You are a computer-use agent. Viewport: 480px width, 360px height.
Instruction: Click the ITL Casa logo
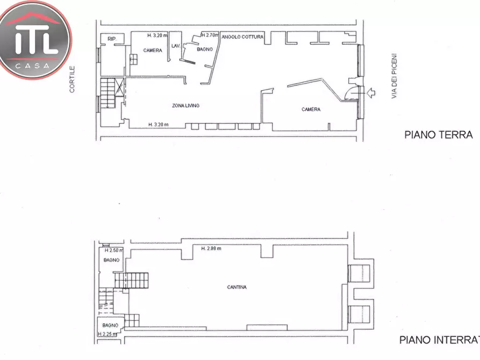click(35, 40)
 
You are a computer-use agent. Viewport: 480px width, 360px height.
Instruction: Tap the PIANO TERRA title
click(438, 135)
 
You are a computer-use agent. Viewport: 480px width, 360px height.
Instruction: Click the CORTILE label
click(72, 79)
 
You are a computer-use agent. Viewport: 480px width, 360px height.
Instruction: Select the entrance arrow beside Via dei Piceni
click(370, 93)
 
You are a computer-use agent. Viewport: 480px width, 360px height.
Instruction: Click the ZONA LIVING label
click(185, 106)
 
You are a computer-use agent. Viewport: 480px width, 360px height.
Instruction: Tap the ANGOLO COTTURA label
click(242, 37)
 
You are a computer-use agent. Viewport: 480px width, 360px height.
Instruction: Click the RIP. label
click(112, 39)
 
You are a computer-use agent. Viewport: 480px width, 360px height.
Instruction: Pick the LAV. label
click(175, 46)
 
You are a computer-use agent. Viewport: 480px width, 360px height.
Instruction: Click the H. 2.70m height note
click(210, 35)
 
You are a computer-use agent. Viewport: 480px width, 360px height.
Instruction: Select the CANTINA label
click(237, 287)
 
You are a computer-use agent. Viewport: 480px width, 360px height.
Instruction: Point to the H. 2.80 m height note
click(211, 248)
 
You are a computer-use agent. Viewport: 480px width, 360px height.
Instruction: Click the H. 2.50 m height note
click(113, 250)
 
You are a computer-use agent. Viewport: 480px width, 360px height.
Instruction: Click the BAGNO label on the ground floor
click(205, 49)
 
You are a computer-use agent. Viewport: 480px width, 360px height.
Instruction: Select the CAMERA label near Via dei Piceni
click(311, 110)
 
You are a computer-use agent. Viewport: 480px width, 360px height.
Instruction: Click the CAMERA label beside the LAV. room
click(152, 51)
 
